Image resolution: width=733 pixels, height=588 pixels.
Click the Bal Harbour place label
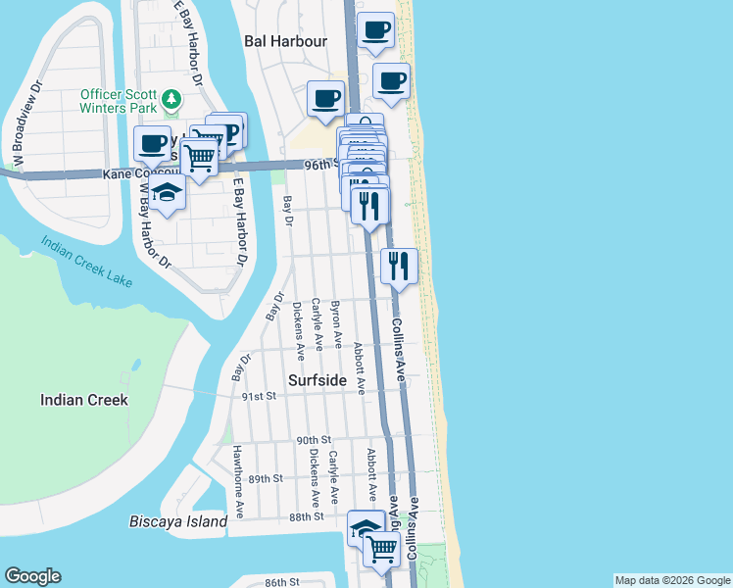pyautogui.click(x=285, y=41)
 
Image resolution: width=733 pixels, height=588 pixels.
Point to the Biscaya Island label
pyautogui.click(x=178, y=521)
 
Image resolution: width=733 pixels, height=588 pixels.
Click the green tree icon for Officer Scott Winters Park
pyautogui.click(x=171, y=99)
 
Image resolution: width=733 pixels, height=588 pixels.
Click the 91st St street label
pyautogui.click(x=260, y=396)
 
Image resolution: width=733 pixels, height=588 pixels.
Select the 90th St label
pyautogui.click(x=316, y=441)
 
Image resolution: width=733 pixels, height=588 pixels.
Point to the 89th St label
pyautogui.click(x=265, y=478)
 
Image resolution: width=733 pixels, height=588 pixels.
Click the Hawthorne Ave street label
pyautogui.click(x=238, y=481)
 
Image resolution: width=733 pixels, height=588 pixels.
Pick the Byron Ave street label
pyautogui.click(x=337, y=325)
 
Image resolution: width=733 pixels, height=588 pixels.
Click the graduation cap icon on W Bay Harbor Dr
pyautogui.click(x=169, y=194)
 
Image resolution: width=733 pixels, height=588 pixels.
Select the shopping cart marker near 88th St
pyautogui.click(x=382, y=550)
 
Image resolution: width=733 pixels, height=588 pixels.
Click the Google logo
pyautogui.click(x=32, y=576)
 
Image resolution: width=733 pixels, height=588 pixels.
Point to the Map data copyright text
pyautogui.click(x=671, y=580)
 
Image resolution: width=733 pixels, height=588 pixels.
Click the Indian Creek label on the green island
pyautogui.click(x=83, y=400)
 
